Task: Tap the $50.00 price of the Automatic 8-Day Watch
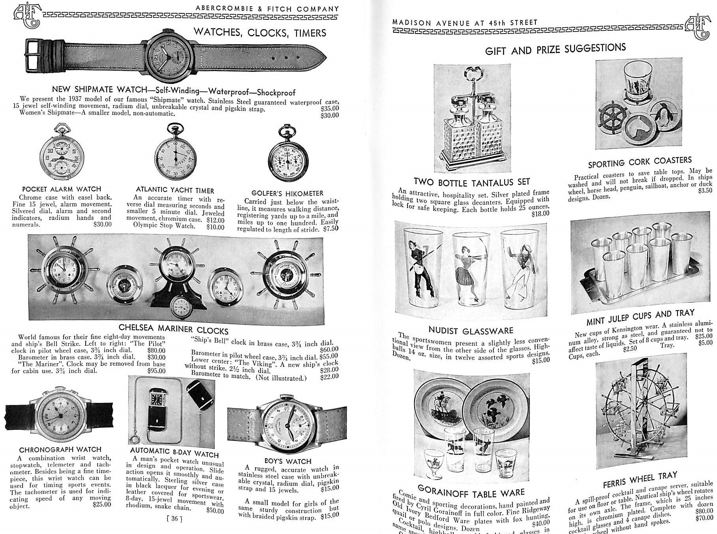[x=215, y=510]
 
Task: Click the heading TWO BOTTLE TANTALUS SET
[x=471, y=182]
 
